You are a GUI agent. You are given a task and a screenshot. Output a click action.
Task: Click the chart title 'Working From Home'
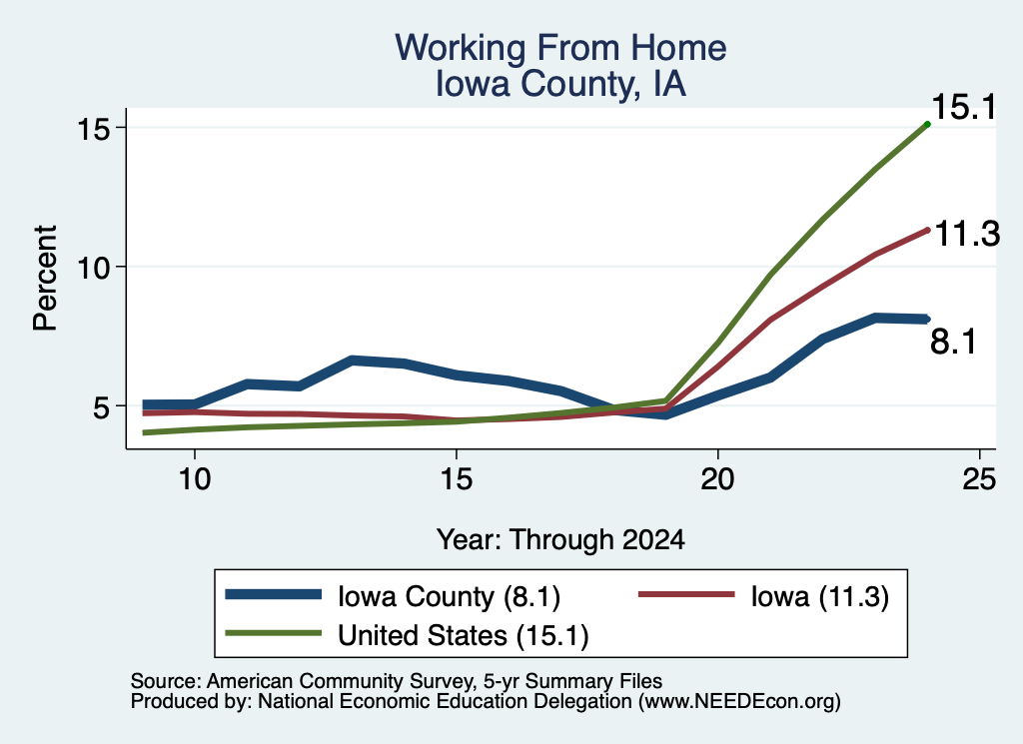tap(560, 48)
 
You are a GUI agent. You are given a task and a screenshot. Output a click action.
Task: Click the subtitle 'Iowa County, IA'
tap(560, 84)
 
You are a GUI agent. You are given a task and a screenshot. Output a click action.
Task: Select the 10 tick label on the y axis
tap(93, 268)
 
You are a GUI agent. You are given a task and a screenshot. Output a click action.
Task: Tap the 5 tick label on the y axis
tap(101, 406)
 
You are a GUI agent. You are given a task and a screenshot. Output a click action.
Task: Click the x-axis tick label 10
tap(195, 479)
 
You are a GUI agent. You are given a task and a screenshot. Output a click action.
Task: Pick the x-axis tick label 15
tap(456, 479)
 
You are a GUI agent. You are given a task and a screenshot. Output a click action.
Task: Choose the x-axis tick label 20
tap(717, 479)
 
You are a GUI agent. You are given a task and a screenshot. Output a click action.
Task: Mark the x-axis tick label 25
tap(979, 479)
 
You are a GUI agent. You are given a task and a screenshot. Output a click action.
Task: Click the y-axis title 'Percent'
tap(45, 279)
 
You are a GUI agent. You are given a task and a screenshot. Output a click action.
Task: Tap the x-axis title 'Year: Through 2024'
tap(560, 540)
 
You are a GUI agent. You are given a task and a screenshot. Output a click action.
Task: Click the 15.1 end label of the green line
tap(964, 107)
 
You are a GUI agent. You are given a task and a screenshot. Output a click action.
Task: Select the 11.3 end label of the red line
tap(967, 234)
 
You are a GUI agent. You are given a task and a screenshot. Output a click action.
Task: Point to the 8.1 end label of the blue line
tap(953, 342)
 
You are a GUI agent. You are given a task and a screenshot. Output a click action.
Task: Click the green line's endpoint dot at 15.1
tap(927, 124)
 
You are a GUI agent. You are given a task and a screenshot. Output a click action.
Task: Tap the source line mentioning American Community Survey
tap(397, 681)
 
